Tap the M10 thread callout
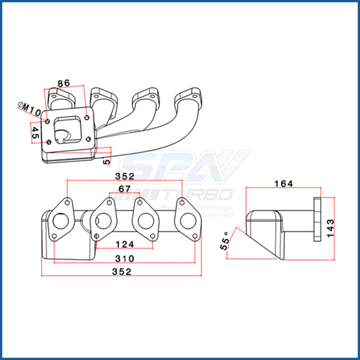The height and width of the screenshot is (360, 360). [28, 110]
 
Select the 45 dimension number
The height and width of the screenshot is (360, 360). [35, 134]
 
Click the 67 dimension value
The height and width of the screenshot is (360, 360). [124, 190]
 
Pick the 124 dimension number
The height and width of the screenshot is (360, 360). [125, 244]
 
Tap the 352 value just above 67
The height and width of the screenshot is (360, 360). [125, 176]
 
